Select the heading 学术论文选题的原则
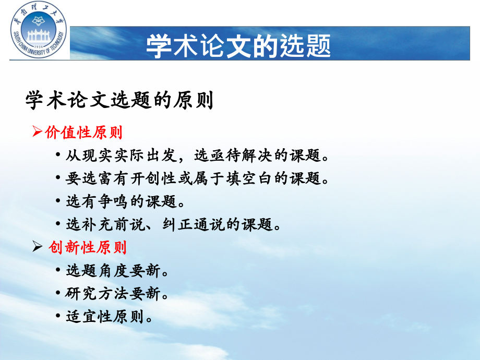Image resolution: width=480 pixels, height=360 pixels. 119,101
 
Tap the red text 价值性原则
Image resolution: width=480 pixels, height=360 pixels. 84,133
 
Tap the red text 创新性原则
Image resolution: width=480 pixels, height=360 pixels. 87,247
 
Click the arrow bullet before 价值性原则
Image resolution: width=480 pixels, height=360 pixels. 37,133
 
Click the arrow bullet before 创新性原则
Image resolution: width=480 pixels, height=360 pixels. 37,247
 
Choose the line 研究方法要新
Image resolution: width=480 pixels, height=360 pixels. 117,293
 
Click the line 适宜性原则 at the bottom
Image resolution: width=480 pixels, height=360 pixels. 109,316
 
